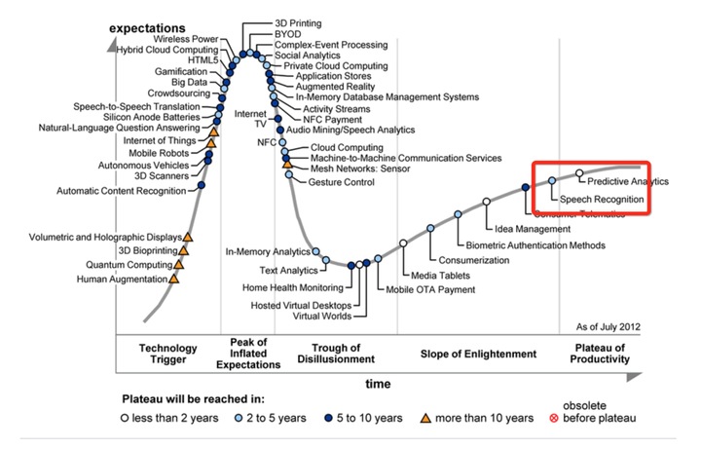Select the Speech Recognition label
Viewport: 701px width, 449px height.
[607, 199]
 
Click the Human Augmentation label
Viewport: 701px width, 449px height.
[122, 281]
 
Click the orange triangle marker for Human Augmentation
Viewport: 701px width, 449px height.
[174, 279]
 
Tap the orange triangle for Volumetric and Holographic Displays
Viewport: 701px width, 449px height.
[188, 237]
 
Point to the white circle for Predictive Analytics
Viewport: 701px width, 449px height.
[579, 173]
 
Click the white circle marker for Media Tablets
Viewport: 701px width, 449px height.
[403, 243]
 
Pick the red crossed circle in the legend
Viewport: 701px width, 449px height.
[555, 419]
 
